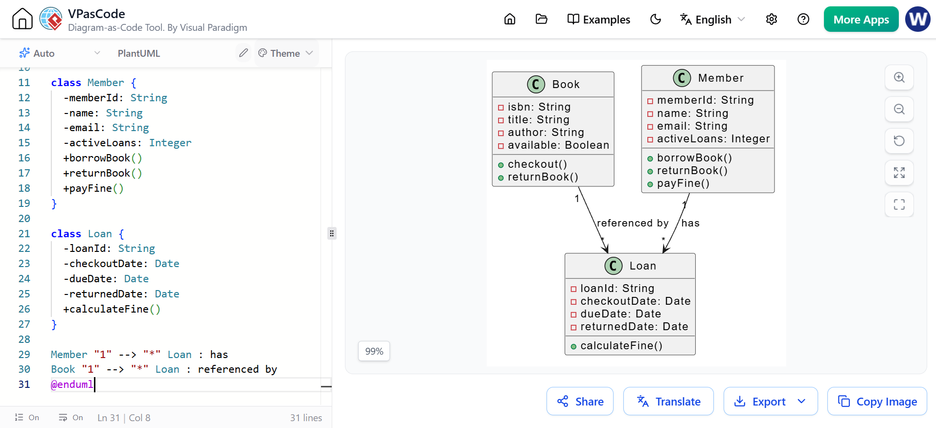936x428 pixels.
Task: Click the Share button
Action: click(x=580, y=401)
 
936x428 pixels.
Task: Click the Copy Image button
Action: click(x=877, y=401)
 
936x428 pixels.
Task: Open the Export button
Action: click(x=770, y=401)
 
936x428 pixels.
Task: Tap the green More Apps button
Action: click(x=861, y=20)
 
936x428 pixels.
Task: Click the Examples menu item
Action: click(x=598, y=20)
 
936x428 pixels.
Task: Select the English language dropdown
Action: click(x=712, y=20)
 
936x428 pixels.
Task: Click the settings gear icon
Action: click(x=772, y=19)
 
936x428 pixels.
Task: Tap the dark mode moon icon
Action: click(x=656, y=19)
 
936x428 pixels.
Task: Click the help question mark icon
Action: click(x=803, y=19)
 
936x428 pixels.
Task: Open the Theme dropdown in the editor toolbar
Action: click(x=286, y=53)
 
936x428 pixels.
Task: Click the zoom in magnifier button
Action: click(x=899, y=77)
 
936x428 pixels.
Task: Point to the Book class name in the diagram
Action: click(x=566, y=84)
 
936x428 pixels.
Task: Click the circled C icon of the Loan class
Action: click(x=614, y=266)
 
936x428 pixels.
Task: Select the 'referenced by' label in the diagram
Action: click(x=633, y=223)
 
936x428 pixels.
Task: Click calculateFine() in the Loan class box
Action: click(x=621, y=346)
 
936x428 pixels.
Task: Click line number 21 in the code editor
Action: click(x=24, y=234)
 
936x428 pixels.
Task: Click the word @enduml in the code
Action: click(x=72, y=384)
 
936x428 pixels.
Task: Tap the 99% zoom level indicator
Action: click(x=374, y=351)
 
